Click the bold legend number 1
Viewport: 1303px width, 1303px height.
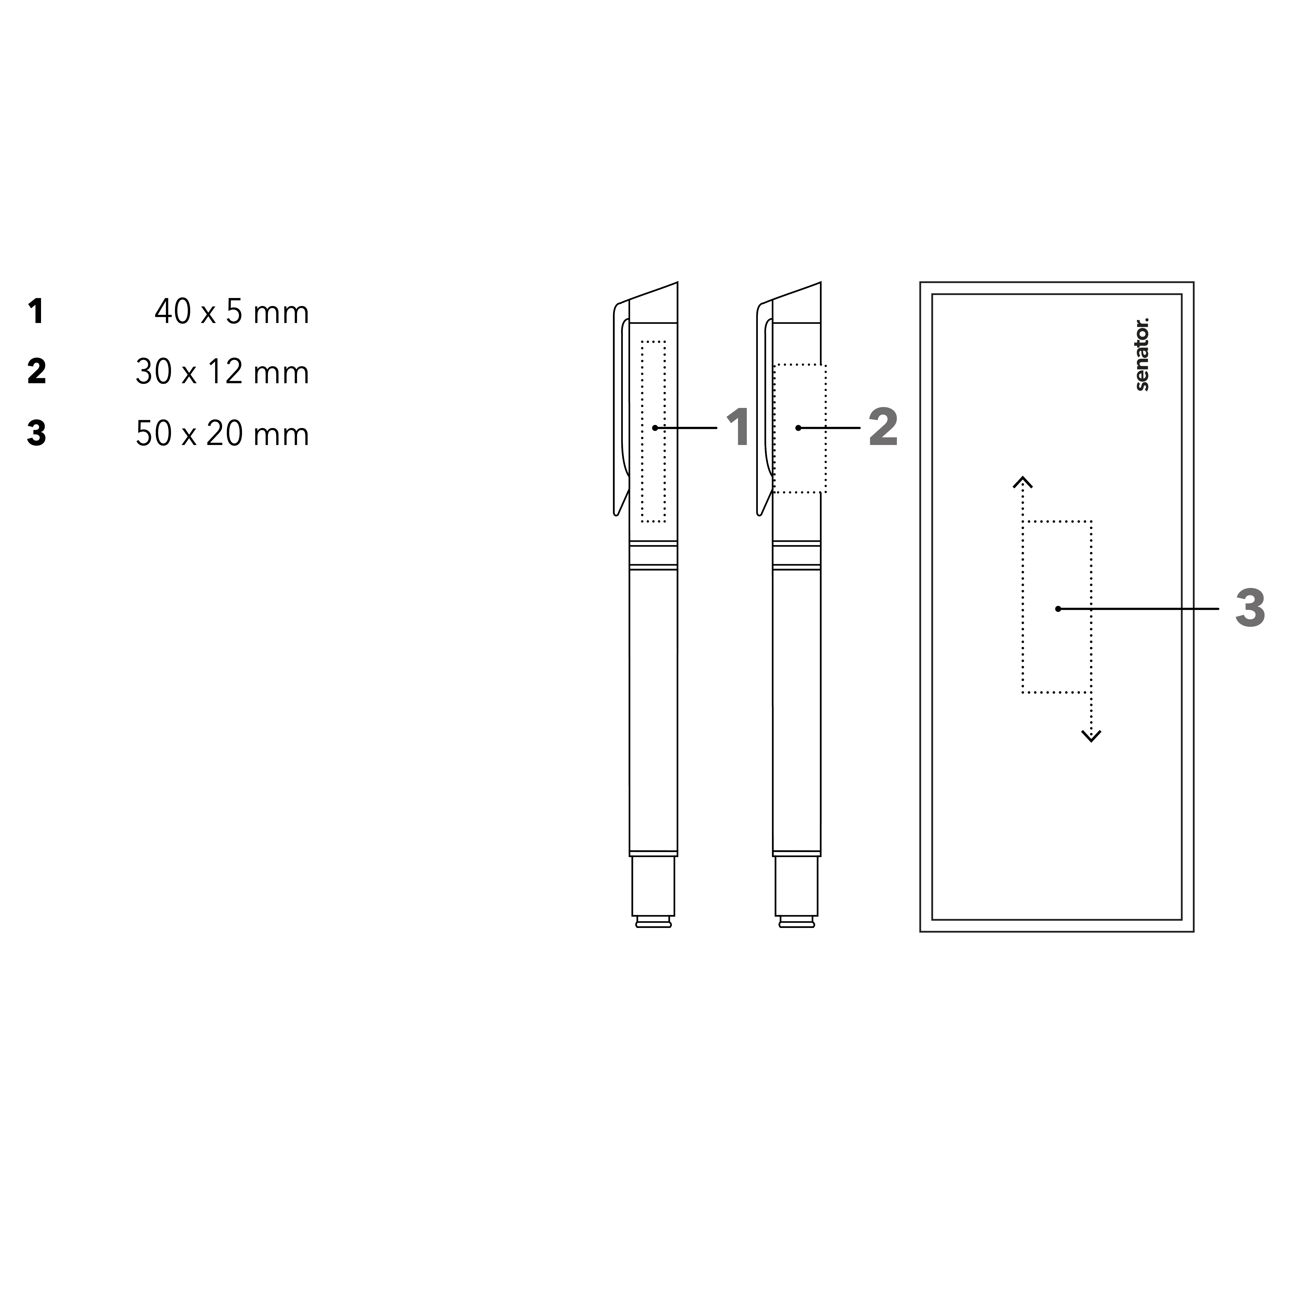pyautogui.click(x=36, y=312)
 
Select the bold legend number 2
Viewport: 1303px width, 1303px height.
pyautogui.click(x=36, y=372)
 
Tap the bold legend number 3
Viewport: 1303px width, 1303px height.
pyautogui.click(x=36, y=433)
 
